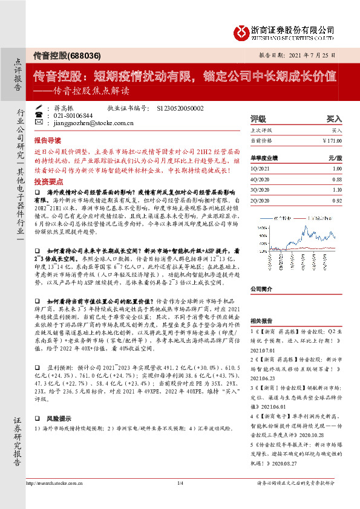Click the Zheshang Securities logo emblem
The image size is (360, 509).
(x=241, y=30)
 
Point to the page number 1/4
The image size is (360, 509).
(x=180, y=484)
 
